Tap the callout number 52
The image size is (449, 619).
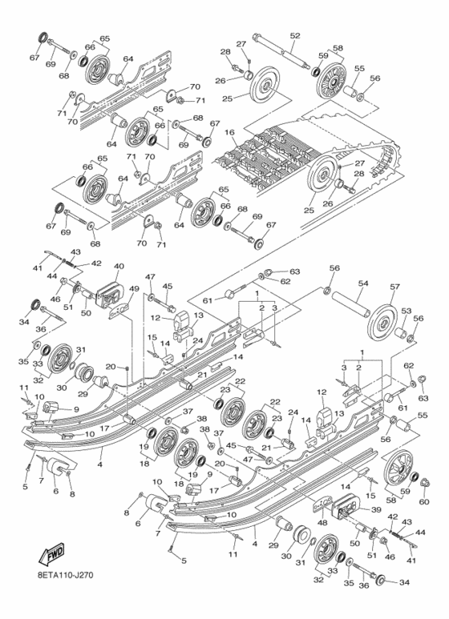295,35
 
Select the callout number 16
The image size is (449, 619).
229,132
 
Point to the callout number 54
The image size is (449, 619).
362,283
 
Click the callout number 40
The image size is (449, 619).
119,266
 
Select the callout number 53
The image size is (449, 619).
407,310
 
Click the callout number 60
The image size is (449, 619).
423,502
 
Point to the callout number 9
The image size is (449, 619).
76,410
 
